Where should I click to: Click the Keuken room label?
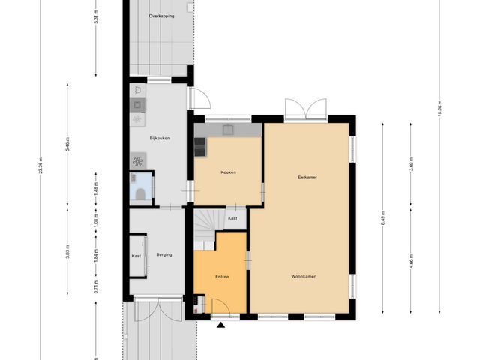(x=228, y=172)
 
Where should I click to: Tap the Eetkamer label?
(x=306, y=178)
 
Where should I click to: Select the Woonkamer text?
(x=304, y=276)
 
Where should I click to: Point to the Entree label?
(x=222, y=277)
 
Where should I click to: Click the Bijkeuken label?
(x=160, y=138)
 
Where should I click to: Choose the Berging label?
(x=163, y=255)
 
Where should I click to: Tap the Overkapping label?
(x=163, y=14)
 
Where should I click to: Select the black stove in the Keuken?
(x=201, y=146)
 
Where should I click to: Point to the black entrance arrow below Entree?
(x=220, y=325)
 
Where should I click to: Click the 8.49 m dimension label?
(x=382, y=219)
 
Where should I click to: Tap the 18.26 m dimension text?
(x=439, y=108)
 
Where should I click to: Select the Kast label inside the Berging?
(x=136, y=256)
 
